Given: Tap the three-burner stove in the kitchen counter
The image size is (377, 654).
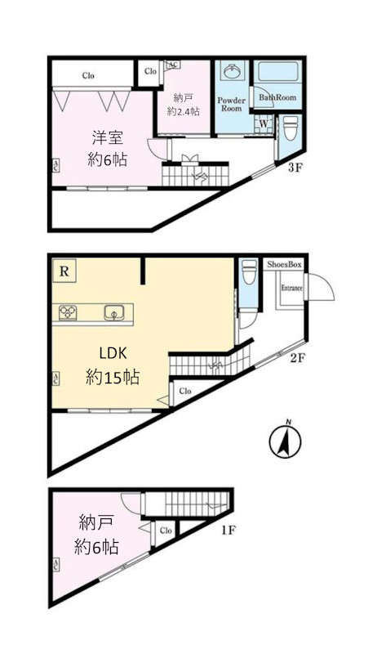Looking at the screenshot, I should pos(68,311).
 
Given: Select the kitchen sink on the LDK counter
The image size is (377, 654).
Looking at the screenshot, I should pos(113,312).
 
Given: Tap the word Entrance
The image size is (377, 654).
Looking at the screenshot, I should pos(292,289).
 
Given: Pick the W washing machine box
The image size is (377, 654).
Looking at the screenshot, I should pos(264,123).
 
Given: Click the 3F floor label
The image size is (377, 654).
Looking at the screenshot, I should pos(295,169).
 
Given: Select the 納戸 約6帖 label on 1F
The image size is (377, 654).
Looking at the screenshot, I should pos(98,535).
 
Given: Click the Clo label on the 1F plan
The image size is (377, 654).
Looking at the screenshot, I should pos(166,531).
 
